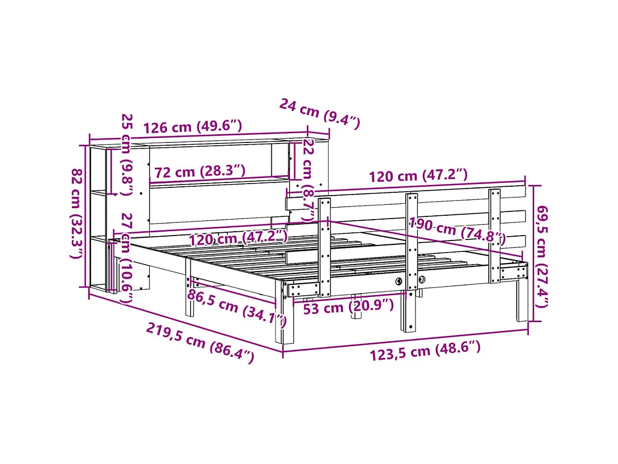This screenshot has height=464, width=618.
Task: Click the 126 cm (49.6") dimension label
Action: (x=193, y=127)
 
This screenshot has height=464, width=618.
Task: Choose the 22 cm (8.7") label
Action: (x=308, y=180)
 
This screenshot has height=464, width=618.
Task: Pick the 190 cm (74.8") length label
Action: (x=457, y=231)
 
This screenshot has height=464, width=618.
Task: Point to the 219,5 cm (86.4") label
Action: (x=200, y=343)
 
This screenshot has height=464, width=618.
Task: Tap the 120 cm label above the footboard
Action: (x=418, y=176)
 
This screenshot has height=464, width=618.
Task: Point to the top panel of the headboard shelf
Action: (x=208, y=143)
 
